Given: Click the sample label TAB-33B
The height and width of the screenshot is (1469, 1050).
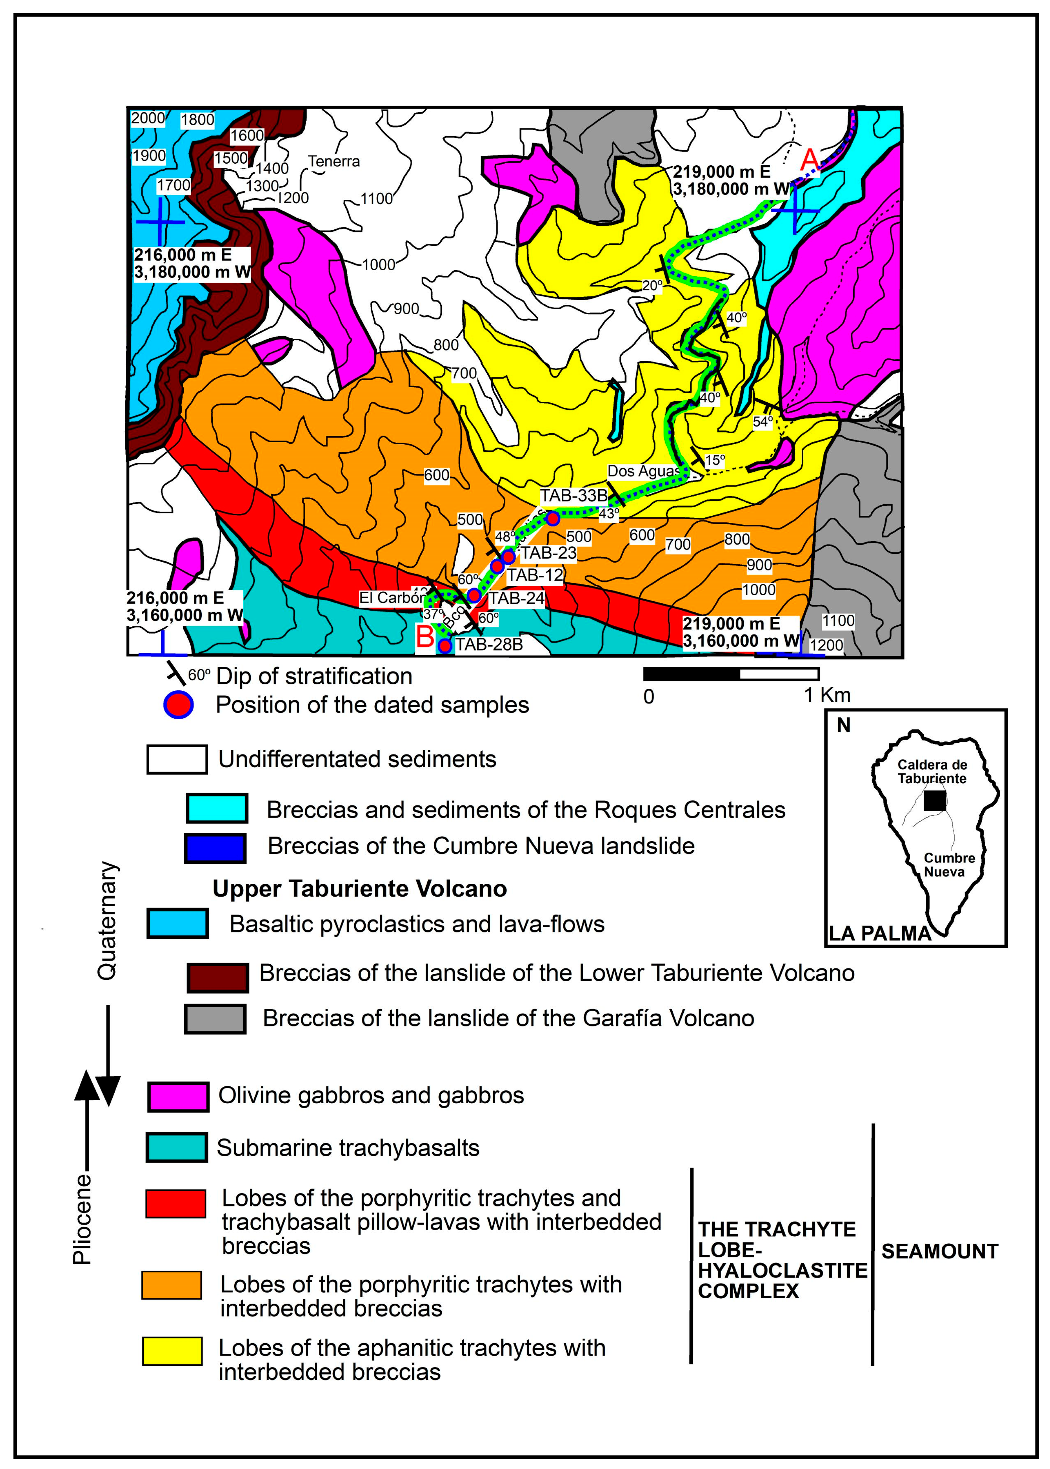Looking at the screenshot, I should coord(573,496).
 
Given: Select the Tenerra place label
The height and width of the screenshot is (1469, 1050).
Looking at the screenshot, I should coord(333,161).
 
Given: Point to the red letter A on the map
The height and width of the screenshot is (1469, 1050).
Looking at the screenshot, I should coord(809,159).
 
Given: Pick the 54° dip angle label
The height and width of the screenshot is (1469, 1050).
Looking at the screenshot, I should coord(763,422).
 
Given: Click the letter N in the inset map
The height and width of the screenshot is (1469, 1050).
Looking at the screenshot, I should coord(843,726).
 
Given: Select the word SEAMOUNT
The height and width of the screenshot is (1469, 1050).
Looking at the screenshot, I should coord(939,1251).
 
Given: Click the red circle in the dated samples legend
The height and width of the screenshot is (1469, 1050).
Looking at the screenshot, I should coord(178,704).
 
